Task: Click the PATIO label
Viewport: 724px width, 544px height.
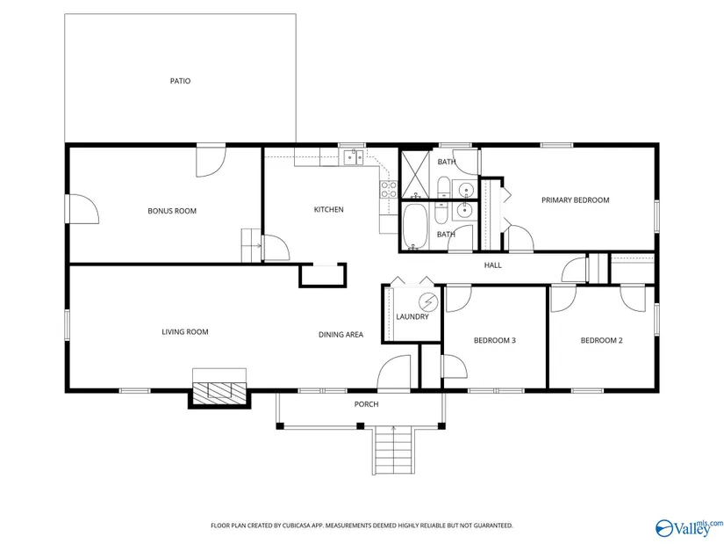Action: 180,81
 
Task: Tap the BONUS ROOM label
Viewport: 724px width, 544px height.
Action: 172,211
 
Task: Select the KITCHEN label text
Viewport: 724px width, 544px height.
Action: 329,209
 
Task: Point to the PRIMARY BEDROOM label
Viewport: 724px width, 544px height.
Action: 576,199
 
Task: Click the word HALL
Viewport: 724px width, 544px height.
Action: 492,265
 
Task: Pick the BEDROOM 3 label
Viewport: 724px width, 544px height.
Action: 495,340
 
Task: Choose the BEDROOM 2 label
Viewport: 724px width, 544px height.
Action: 602,340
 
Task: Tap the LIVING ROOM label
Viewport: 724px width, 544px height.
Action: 184,331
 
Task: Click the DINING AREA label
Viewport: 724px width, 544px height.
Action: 340,335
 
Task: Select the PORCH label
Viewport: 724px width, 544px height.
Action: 366,404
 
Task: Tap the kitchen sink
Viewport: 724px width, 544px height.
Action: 355,157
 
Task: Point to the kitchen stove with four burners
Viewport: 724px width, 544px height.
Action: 388,190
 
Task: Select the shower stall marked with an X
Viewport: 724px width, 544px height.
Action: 416,174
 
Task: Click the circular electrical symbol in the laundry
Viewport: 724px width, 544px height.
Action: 428,302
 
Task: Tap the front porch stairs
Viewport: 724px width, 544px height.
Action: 392,451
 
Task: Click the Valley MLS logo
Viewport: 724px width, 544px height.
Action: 690,528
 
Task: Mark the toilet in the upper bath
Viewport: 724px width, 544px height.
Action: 443,187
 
